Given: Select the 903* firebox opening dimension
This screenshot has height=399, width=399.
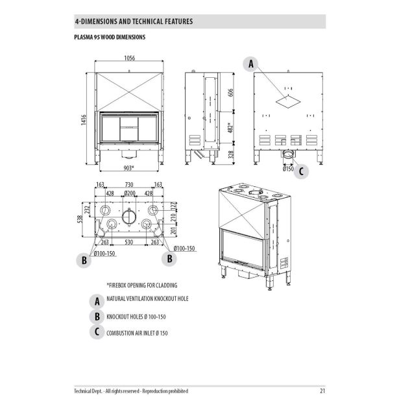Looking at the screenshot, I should tap(128, 167).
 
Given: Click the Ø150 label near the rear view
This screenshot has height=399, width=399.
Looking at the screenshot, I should tap(288, 169).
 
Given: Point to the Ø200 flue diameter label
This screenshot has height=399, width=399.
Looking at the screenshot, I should tap(129, 193).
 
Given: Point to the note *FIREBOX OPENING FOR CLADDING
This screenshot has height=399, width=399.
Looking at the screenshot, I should tap(141, 285).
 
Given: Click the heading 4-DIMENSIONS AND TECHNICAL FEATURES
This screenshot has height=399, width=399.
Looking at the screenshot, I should tap(134, 21).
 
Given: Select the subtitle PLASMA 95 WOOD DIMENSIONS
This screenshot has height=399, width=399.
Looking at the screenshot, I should tap(110, 38).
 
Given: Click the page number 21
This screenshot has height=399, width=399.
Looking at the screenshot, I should tap(322, 391).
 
